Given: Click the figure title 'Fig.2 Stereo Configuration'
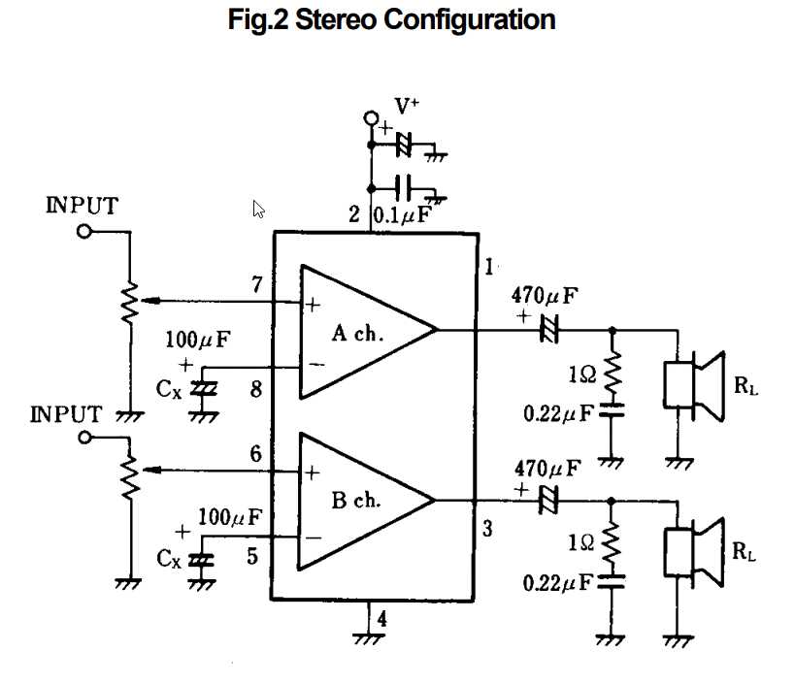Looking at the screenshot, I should click(x=392, y=20).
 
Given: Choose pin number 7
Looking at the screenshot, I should click(x=256, y=284).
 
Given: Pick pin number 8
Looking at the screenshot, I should click(x=256, y=390).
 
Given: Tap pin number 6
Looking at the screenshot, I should click(x=256, y=454).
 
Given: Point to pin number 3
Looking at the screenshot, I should click(x=487, y=530).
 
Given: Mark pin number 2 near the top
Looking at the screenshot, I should click(x=354, y=215).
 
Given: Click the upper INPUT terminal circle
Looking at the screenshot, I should click(x=84, y=232).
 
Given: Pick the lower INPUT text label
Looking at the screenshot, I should click(x=66, y=414).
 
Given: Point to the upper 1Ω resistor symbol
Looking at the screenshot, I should click(x=612, y=373).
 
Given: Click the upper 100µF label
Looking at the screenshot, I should click(x=199, y=340).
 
